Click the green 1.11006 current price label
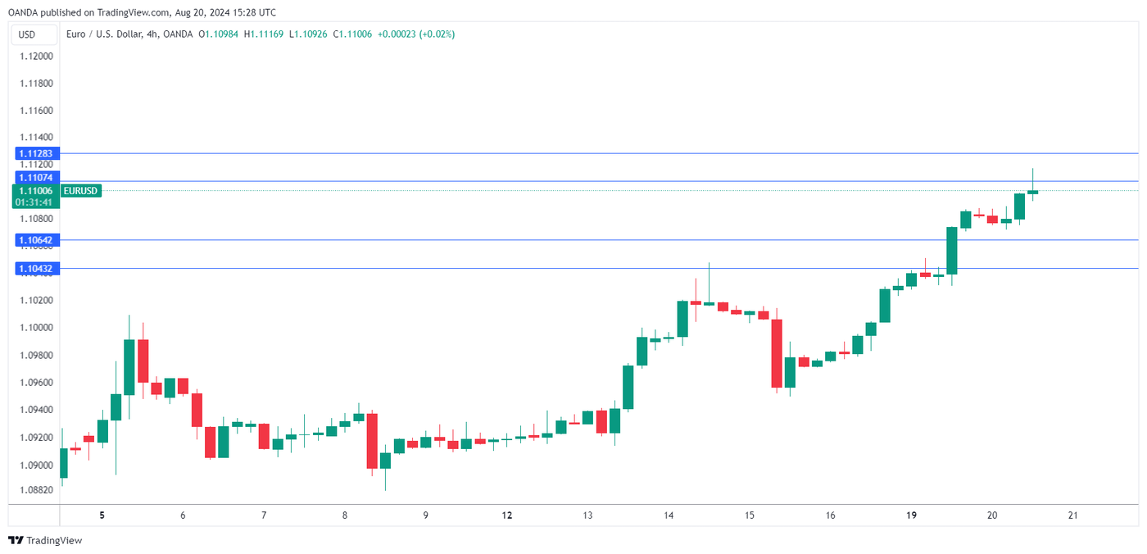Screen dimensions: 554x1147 pyautogui.click(x=34, y=191)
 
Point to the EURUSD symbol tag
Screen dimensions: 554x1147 pyautogui.click(x=80, y=191)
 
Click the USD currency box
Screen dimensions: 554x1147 pyautogui.click(x=27, y=34)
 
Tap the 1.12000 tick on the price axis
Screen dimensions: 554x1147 pyautogui.click(x=36, y=57)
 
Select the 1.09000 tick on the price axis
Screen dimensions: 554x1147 pyautogui.click(x=36, y=465)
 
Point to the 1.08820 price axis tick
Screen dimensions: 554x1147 pyautogui.click(x=36, y=490)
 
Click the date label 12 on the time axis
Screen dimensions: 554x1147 pyautogui.click(x=507, y=515)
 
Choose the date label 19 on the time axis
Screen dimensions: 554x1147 pyautogui.click(x=911, y=515)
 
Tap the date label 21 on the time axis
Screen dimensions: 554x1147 pyautogui.click(x=1072, y=515)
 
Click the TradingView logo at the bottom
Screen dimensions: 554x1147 pyautogui.click(x=45, y=541)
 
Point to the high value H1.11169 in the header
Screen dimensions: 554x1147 pyautogui.click(x=264, y=34)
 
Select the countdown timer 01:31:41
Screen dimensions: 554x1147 pyautogui.click(x=34, y=202)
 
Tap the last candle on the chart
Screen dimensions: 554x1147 pyautogui.click(x=1032, y=192)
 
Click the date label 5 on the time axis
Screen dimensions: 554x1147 pyautogui.click(x=102, y=515)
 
